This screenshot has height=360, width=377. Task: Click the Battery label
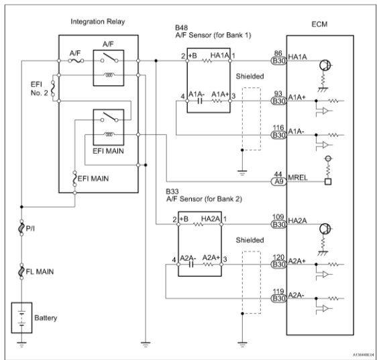tap(46, 318)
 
